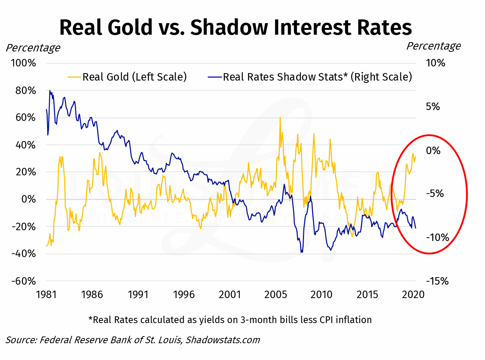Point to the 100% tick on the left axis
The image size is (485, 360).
24,63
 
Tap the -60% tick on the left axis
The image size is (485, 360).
24,281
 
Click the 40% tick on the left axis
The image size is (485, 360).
25,145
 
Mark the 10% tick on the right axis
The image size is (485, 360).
435,63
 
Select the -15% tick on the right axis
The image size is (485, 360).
437,281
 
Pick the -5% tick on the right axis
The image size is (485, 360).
435,194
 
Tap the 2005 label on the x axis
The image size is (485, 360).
276,295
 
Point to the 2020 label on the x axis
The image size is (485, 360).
413,295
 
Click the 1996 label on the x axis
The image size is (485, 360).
184,295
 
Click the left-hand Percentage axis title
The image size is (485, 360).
33,48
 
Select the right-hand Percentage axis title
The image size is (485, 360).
434,46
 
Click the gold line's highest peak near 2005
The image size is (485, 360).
280,118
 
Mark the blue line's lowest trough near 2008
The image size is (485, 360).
301,252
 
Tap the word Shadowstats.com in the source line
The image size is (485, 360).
223,340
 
